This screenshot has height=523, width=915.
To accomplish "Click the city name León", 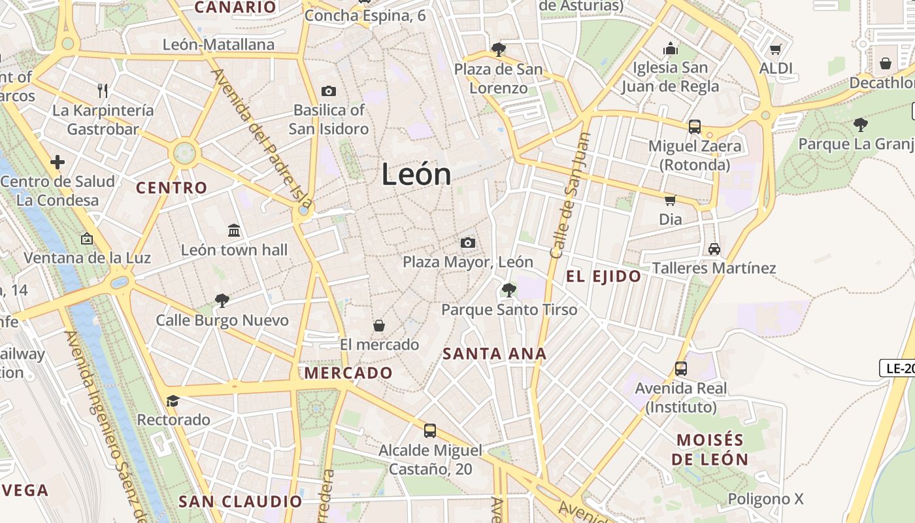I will [x=416, y=175].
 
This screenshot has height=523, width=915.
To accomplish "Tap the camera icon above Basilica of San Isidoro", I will [x=329, y=91].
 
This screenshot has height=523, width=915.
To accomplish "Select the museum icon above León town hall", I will [x=234, y=230].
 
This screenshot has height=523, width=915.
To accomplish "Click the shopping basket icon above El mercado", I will [x=379, y=325].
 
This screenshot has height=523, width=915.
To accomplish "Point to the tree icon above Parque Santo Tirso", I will [x=508, y=290].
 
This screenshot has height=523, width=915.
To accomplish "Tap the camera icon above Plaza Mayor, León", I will [x=467, y=243].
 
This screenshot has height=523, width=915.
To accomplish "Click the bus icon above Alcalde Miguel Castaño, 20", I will [x=429, y=430].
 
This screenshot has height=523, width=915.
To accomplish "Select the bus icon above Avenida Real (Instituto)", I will [x=681, y=368].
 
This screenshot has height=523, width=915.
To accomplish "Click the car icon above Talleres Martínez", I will [x=714, y=248].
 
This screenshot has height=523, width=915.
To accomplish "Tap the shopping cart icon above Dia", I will [x=670, y=200].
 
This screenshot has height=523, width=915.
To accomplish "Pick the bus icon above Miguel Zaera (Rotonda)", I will [x=694, y=126].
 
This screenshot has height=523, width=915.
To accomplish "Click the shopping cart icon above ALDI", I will [x=776, y=49].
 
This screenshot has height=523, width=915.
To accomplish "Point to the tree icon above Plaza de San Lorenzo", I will [x=498, y=49].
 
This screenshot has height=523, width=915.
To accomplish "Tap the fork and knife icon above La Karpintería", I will [x=103, y=90].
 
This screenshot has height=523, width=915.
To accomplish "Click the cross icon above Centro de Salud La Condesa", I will [x=58, y=161].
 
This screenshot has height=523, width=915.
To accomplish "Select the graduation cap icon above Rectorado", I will [x=173, y=400].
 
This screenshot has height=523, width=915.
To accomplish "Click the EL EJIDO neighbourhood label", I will [x=603, y=276].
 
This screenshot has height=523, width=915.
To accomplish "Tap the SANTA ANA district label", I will [x=494, y=354].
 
